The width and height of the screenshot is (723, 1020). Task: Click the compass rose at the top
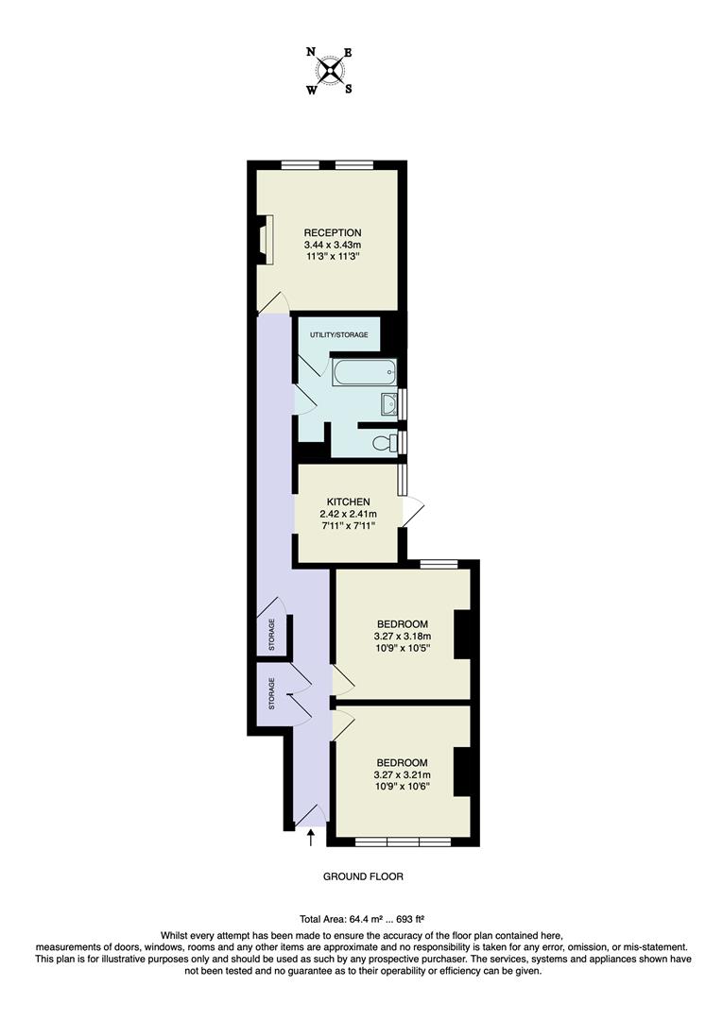coord(330,71)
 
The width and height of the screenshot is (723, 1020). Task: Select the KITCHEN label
coord(347,501)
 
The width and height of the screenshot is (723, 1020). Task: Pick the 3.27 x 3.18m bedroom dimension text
coord(402,637)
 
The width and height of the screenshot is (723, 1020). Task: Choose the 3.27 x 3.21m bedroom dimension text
coord(402,775)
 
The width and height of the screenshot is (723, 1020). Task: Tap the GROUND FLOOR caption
coord(363,876)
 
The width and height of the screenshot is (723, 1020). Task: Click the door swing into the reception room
coord(275,301)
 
